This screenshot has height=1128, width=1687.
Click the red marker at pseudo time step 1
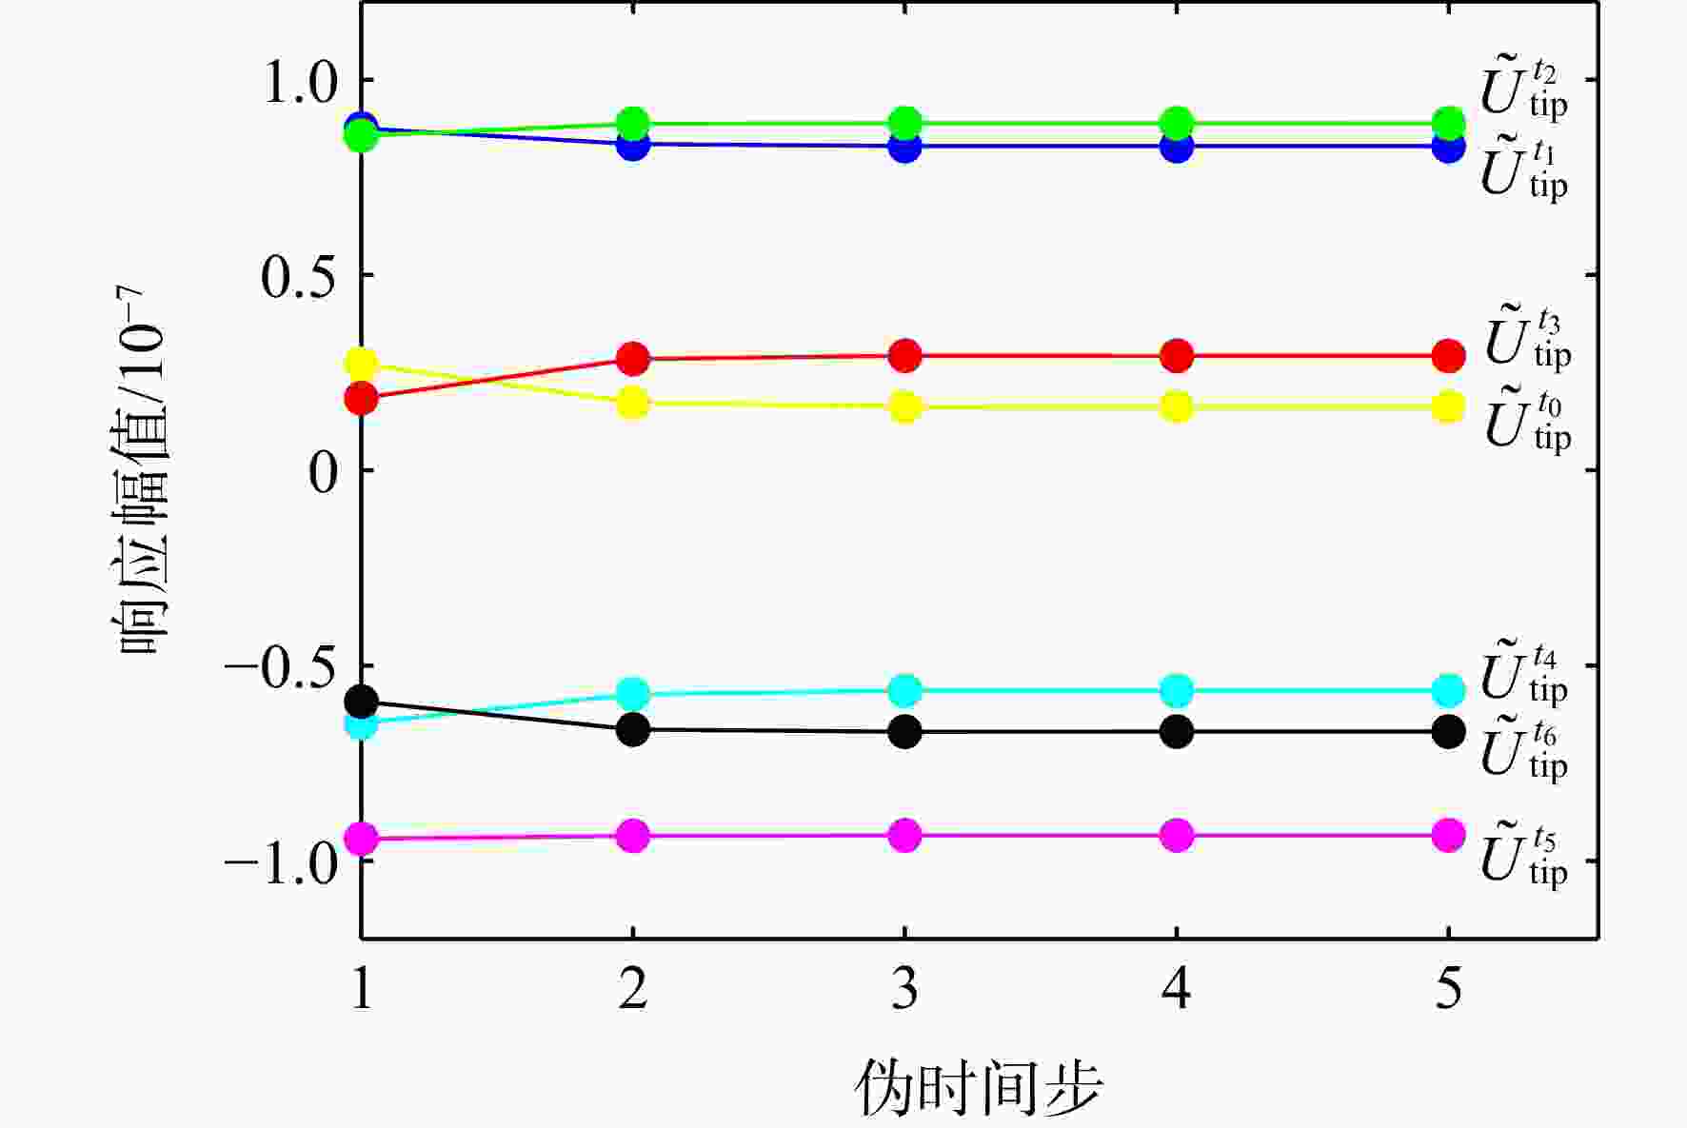coord(362,399)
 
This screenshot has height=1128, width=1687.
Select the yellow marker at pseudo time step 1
coord(362,364)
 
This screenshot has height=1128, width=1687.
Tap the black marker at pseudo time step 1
coord(362,703)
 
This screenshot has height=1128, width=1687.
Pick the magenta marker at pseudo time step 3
coord(905,836)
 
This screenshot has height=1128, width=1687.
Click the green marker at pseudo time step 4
coord(1177,123)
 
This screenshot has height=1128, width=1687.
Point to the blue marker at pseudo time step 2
coord(633,145)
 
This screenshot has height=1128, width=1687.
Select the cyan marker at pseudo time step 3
coord(905,690)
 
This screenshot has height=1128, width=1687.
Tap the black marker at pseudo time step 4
coord(1177,731)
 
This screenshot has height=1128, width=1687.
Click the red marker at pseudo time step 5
coord(1448,356)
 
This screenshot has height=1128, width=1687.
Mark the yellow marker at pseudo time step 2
coord(633,403)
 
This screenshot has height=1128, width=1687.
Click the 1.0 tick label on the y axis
coord(301,82)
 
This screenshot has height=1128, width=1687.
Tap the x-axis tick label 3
coord(905,989)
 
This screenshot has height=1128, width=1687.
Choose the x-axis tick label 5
coord(1448,989)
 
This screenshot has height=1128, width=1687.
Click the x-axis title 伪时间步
coord(979,1087)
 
